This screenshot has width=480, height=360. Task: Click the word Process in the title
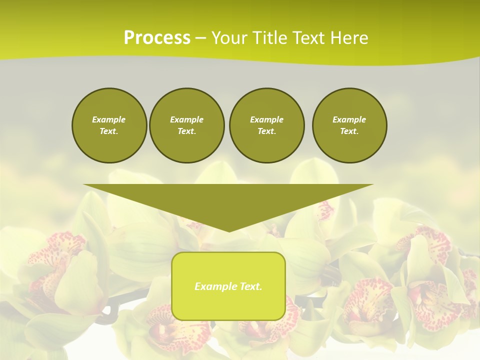[157, 38]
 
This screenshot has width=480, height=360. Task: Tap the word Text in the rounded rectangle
[250, 286]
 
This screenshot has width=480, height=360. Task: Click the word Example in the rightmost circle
[349, 119]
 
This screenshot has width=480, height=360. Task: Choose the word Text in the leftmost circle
[109, 131]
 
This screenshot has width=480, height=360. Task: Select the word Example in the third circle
[266, 119]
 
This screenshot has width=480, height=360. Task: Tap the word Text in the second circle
[186, 131]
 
